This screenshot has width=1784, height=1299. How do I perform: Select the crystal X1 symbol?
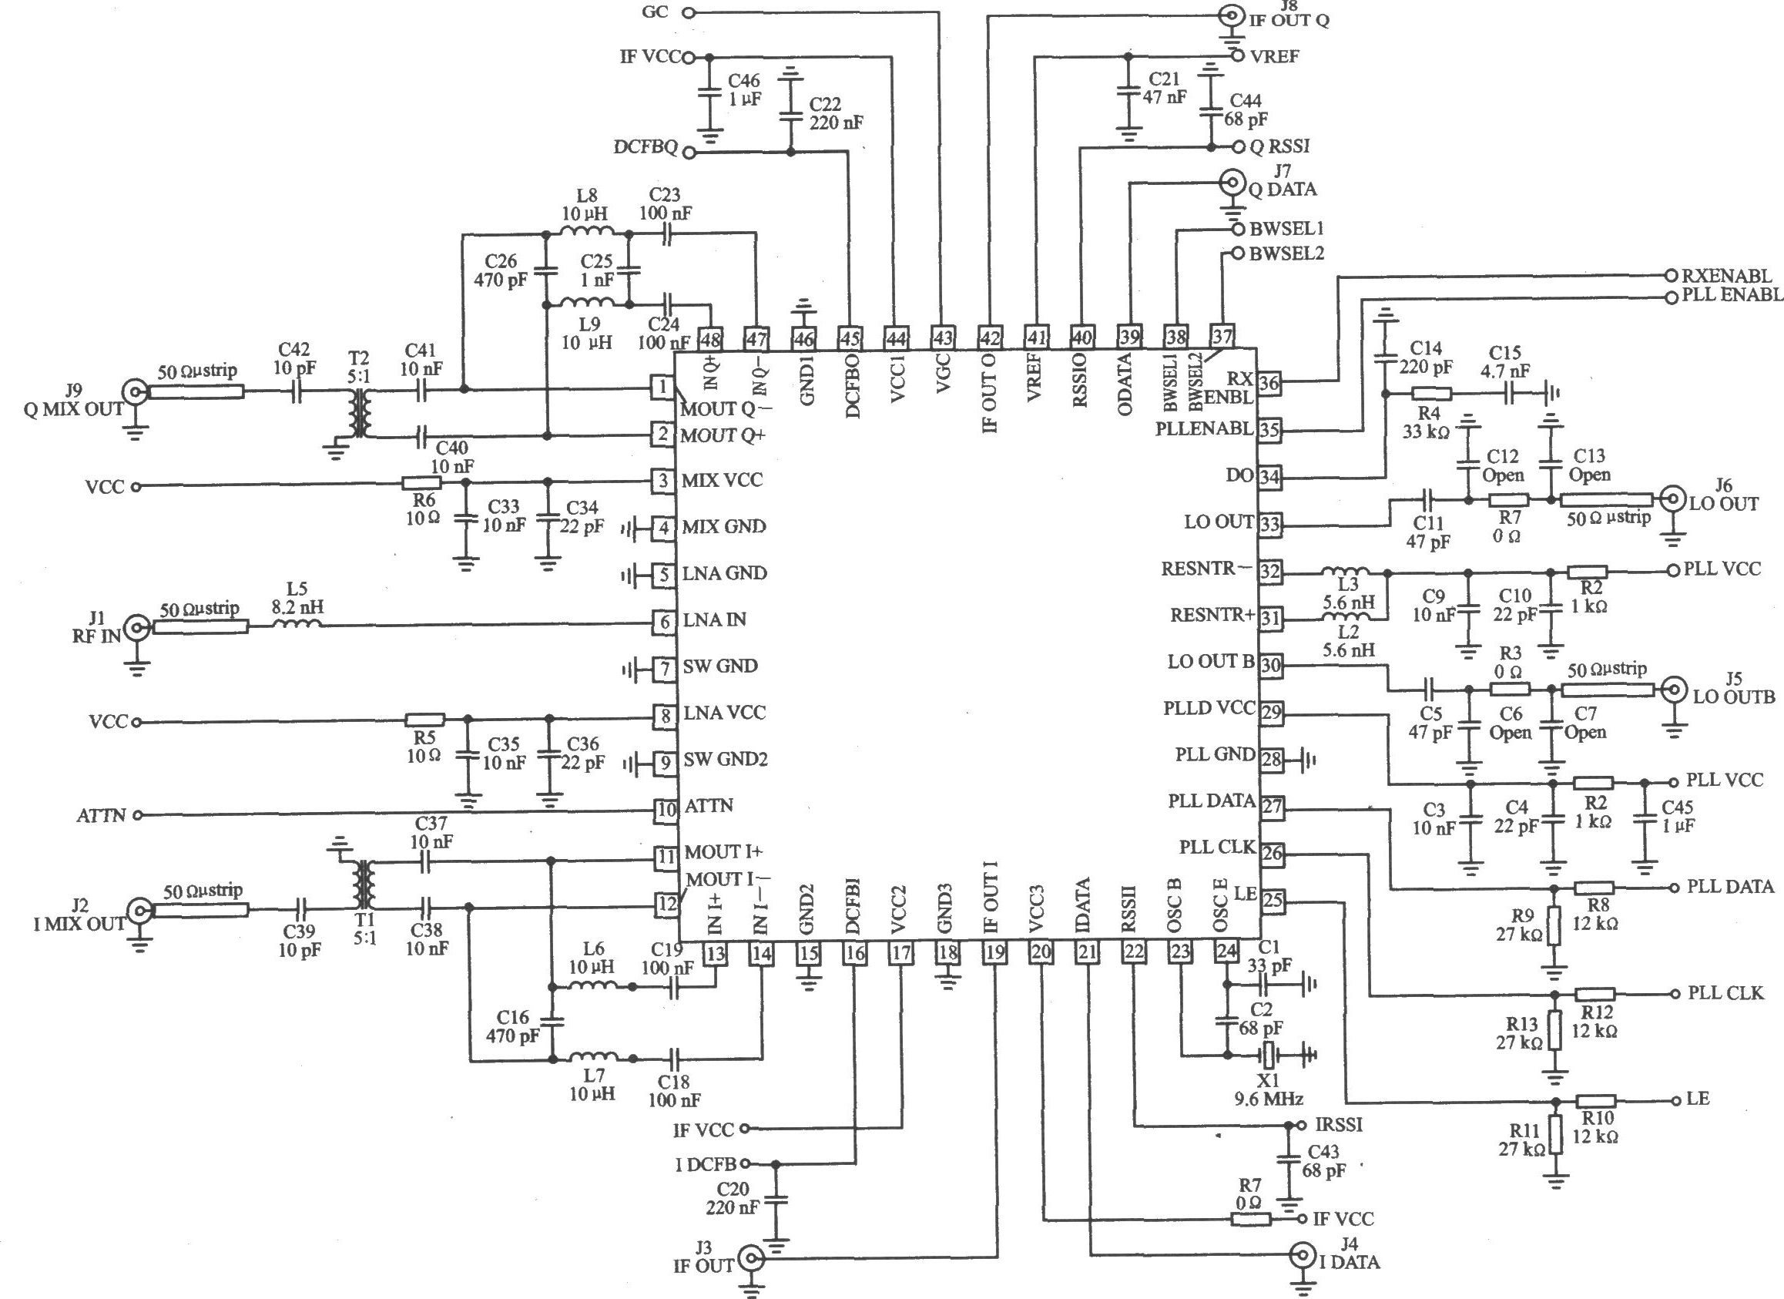pos(1266,1053)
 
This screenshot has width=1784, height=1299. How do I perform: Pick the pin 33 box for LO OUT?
pos(1269,524)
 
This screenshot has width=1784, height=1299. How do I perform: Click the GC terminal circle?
pos(689,12)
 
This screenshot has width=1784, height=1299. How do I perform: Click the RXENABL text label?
pos(1727,275)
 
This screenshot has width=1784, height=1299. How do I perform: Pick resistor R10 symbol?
pos(1596,1102)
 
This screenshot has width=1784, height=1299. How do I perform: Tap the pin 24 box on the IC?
pos(1226,952)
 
